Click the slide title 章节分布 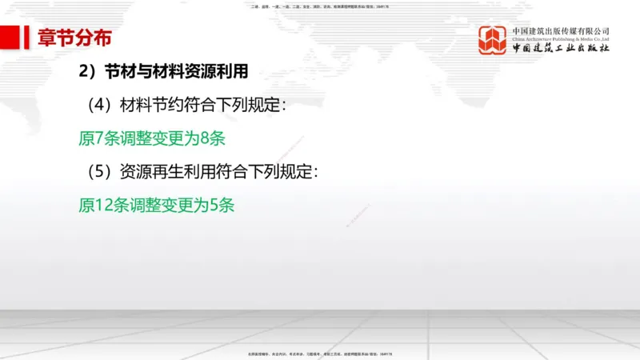tap(74, 38)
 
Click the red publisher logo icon tap(493, 40)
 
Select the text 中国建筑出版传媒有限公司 tap(561, 30)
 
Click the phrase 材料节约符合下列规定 tap(198, 105)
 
